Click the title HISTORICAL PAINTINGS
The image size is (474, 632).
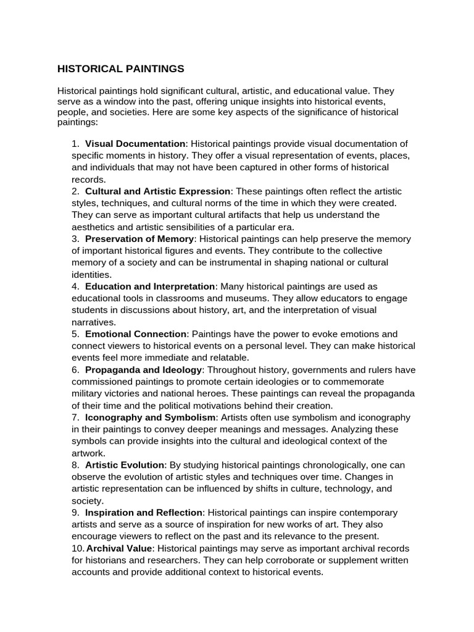pos(120,68)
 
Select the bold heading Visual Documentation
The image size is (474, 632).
pos(135,144)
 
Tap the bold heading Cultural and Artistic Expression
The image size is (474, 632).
pos(158,191)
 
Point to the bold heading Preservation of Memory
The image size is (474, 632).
pos(139,239)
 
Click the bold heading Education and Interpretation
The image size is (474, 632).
pos(151,286)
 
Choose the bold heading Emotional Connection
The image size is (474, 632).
pos(136,334)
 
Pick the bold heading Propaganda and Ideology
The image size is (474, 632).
pos(143,370)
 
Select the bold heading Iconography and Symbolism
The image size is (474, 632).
pos(151,417)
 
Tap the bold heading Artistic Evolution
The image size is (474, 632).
pos(125,465)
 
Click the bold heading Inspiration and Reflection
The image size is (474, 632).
pos(143,512)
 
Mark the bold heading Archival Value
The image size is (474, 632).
pos(119,548)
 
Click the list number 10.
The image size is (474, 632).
pos(78,548)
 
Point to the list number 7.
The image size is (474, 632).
pos(75,417)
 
